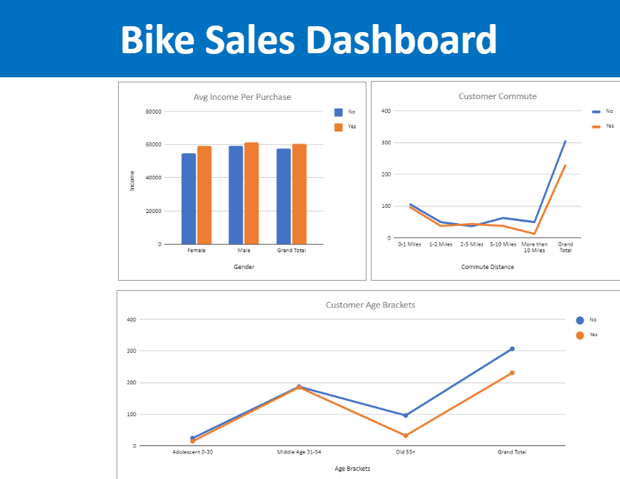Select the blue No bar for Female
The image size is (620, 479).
189,198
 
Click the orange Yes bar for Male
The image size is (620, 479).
251,193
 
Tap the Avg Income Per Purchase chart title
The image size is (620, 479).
242,97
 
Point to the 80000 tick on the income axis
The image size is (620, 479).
153,112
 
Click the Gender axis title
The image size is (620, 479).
243,267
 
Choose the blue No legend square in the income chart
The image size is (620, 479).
338,112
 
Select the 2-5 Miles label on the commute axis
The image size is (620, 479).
471,244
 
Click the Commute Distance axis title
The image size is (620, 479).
487,267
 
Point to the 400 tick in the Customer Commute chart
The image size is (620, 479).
386,111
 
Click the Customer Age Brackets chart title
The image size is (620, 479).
370,305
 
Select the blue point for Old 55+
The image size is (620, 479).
406,416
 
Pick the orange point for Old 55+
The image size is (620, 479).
406,436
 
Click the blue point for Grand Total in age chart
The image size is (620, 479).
512,348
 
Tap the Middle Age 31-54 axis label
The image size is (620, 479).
299,452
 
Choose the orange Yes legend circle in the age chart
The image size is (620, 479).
580,335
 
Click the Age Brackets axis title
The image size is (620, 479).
352,469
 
